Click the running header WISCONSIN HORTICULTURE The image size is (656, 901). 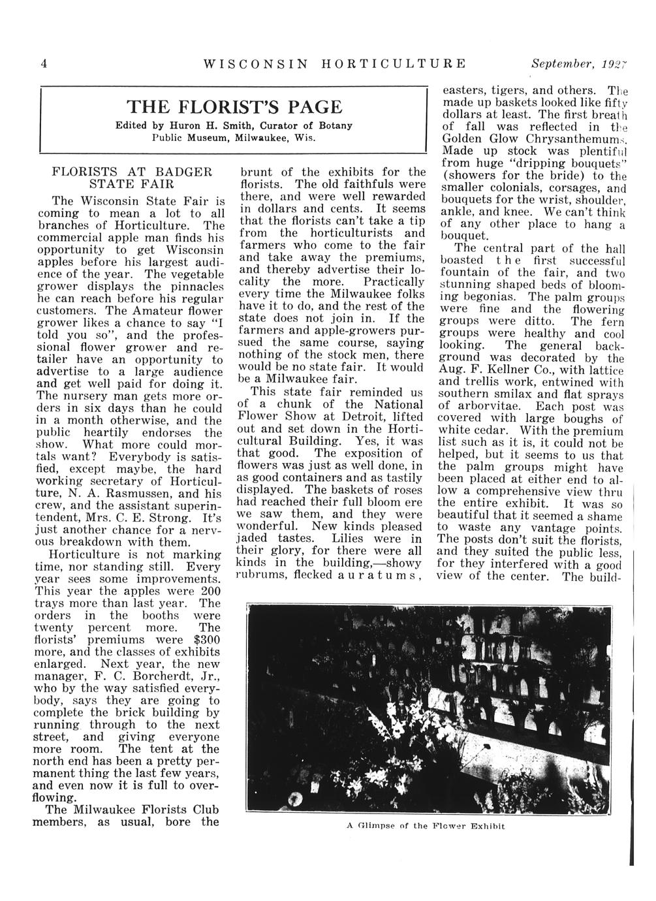(x=335, y=64)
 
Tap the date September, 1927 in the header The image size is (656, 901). (x=579, y=64)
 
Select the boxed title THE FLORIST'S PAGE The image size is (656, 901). (x=234, y=107)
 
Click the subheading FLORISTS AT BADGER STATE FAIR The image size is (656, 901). (x=131, y=178)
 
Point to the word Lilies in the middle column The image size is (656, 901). (x=351, y=539)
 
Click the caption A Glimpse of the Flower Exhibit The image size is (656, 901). (x=426, y=825)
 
